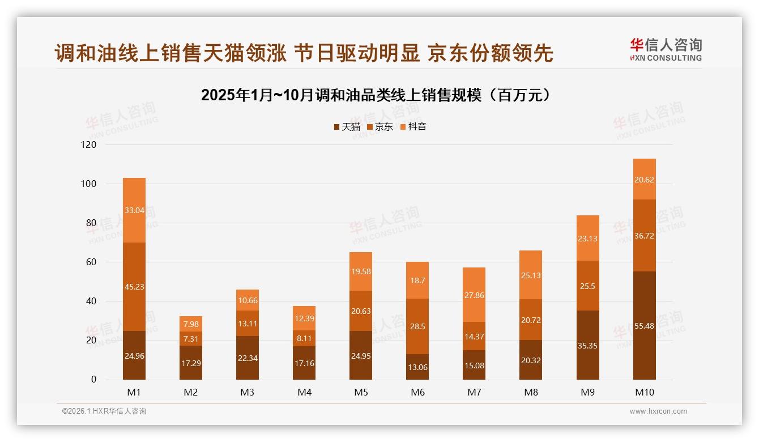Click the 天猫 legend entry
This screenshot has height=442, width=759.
347,127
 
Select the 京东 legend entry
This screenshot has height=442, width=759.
380,127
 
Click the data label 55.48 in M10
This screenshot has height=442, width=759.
644,326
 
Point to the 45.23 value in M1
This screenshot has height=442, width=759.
134,287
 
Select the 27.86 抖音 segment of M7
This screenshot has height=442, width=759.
474,295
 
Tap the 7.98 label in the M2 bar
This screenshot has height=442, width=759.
191,324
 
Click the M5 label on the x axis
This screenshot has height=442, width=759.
361,392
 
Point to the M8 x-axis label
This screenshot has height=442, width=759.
531,392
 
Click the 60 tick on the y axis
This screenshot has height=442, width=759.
91,262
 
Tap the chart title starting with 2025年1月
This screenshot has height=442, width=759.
376,95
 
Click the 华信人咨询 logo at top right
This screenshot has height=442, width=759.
666,49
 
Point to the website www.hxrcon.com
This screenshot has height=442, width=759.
658,411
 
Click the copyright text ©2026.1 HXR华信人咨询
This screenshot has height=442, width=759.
104,411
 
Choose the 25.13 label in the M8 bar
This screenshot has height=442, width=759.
531,275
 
